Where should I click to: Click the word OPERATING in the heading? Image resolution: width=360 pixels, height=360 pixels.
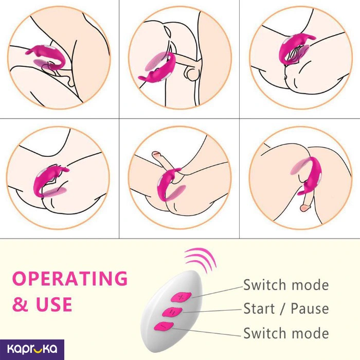[x=69, y=278]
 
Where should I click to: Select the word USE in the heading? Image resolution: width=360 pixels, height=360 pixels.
[x=53, y=304]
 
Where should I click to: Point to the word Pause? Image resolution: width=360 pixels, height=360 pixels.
[x=310, y=309]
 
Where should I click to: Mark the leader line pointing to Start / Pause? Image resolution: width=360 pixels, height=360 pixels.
[x=211, y=310]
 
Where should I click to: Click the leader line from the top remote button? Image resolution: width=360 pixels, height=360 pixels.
[x=216, y=290]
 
